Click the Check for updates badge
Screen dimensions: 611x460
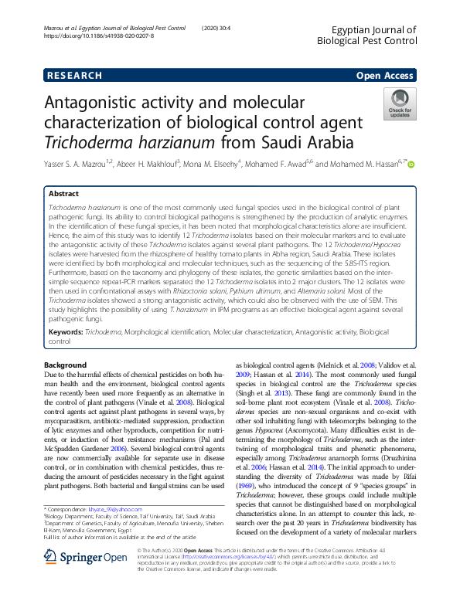click(x=400, y=104)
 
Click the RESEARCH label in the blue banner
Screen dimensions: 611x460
click(x=74, y=76)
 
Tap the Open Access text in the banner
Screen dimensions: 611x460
click(x=385, y=76)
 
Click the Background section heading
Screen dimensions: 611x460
click(x=66, y=364)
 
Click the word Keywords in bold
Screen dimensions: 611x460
click(x=66, y=331)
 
